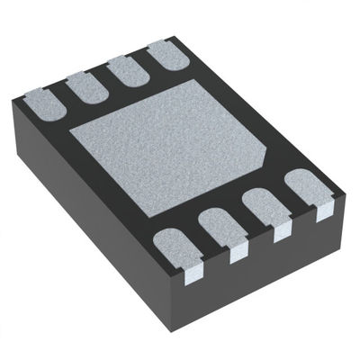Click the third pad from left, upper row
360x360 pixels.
point(129,69)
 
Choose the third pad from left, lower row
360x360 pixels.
point(266,209)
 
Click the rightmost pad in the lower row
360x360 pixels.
point(308,190)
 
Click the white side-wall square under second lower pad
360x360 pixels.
point(238,255)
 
